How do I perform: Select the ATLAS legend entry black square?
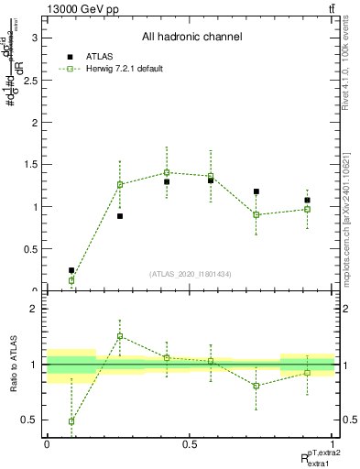tap(71, 57)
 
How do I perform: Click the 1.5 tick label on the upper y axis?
tap(35, 164)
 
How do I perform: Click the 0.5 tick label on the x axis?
tap(190, 443)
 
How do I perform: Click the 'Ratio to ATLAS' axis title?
tap(14, 366)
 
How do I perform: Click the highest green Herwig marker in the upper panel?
tap(167, 172)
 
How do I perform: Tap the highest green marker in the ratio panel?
tap(119, 336)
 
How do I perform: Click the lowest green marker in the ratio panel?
tap(71, 421)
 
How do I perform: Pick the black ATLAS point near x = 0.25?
tap(119, 216)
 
